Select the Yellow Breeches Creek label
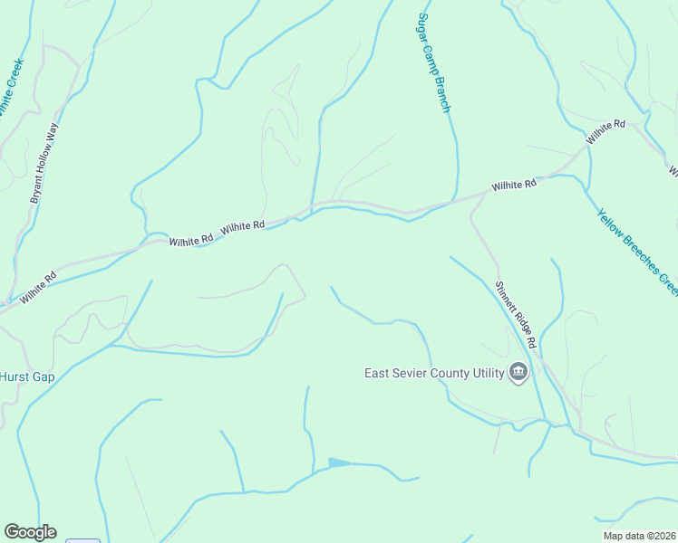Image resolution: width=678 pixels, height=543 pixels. coord(637,250)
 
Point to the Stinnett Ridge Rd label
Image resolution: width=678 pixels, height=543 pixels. coord(517,314)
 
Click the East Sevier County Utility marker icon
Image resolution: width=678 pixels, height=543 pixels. coord(518,373)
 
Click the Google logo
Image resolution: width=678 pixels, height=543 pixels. coord(30,532)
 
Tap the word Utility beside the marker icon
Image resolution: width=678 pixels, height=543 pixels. coord(482,373)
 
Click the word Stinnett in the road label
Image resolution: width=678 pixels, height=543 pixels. coord(506,297)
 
